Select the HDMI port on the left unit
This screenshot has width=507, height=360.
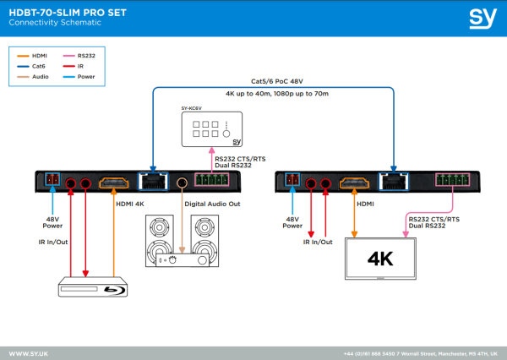click(113, 182)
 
